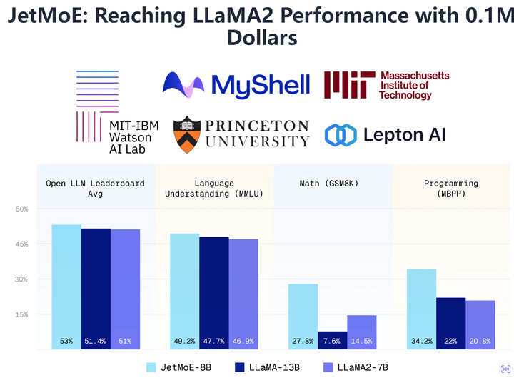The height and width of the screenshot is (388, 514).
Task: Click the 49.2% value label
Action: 185,342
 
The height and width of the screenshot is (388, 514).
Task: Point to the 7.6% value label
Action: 332,342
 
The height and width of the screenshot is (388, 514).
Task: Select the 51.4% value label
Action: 96,342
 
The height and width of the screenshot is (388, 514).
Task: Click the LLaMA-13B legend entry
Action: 271,367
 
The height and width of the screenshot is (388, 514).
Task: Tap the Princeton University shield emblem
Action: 186,134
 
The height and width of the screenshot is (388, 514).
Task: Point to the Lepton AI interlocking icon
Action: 340,134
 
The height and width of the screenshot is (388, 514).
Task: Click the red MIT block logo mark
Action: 348,84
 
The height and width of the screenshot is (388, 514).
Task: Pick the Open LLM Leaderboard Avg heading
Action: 96,189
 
